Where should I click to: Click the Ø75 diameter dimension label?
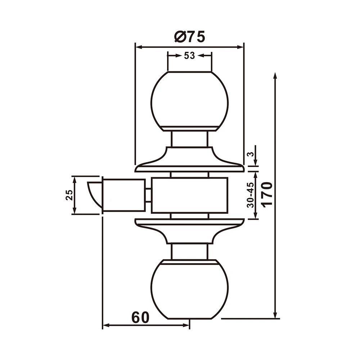189,37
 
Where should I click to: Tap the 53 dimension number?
189,56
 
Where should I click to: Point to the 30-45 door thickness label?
251,195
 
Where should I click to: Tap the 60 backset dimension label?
140,318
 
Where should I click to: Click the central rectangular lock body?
189,195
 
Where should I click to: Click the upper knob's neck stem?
189,139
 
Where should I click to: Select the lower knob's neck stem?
189,251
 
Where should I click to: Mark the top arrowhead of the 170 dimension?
275,75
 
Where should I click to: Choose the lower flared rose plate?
189,229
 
